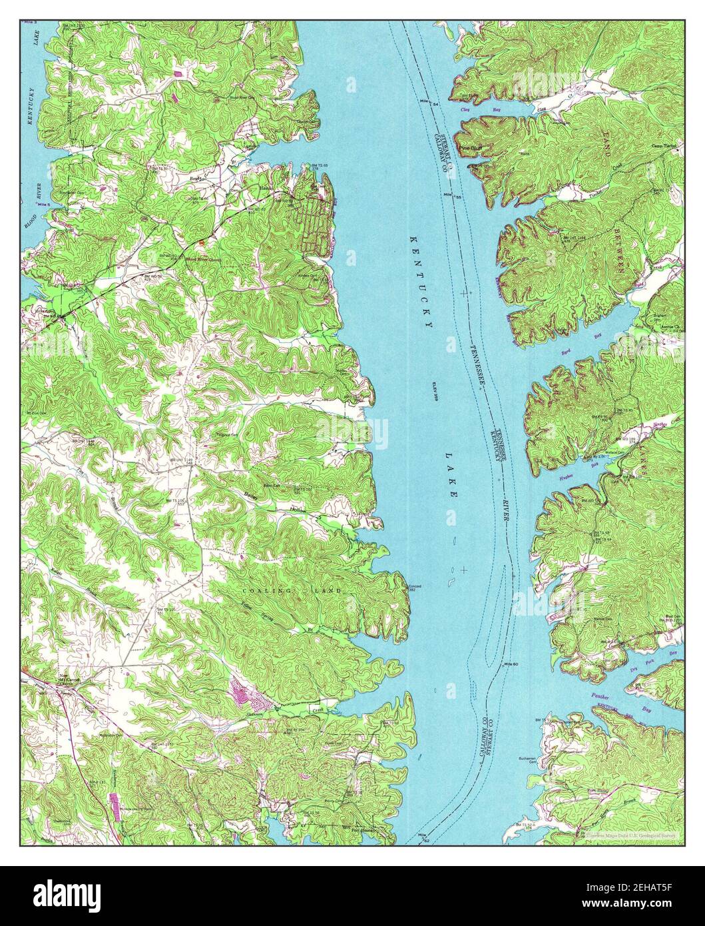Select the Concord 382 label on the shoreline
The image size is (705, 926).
[415, 588]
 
